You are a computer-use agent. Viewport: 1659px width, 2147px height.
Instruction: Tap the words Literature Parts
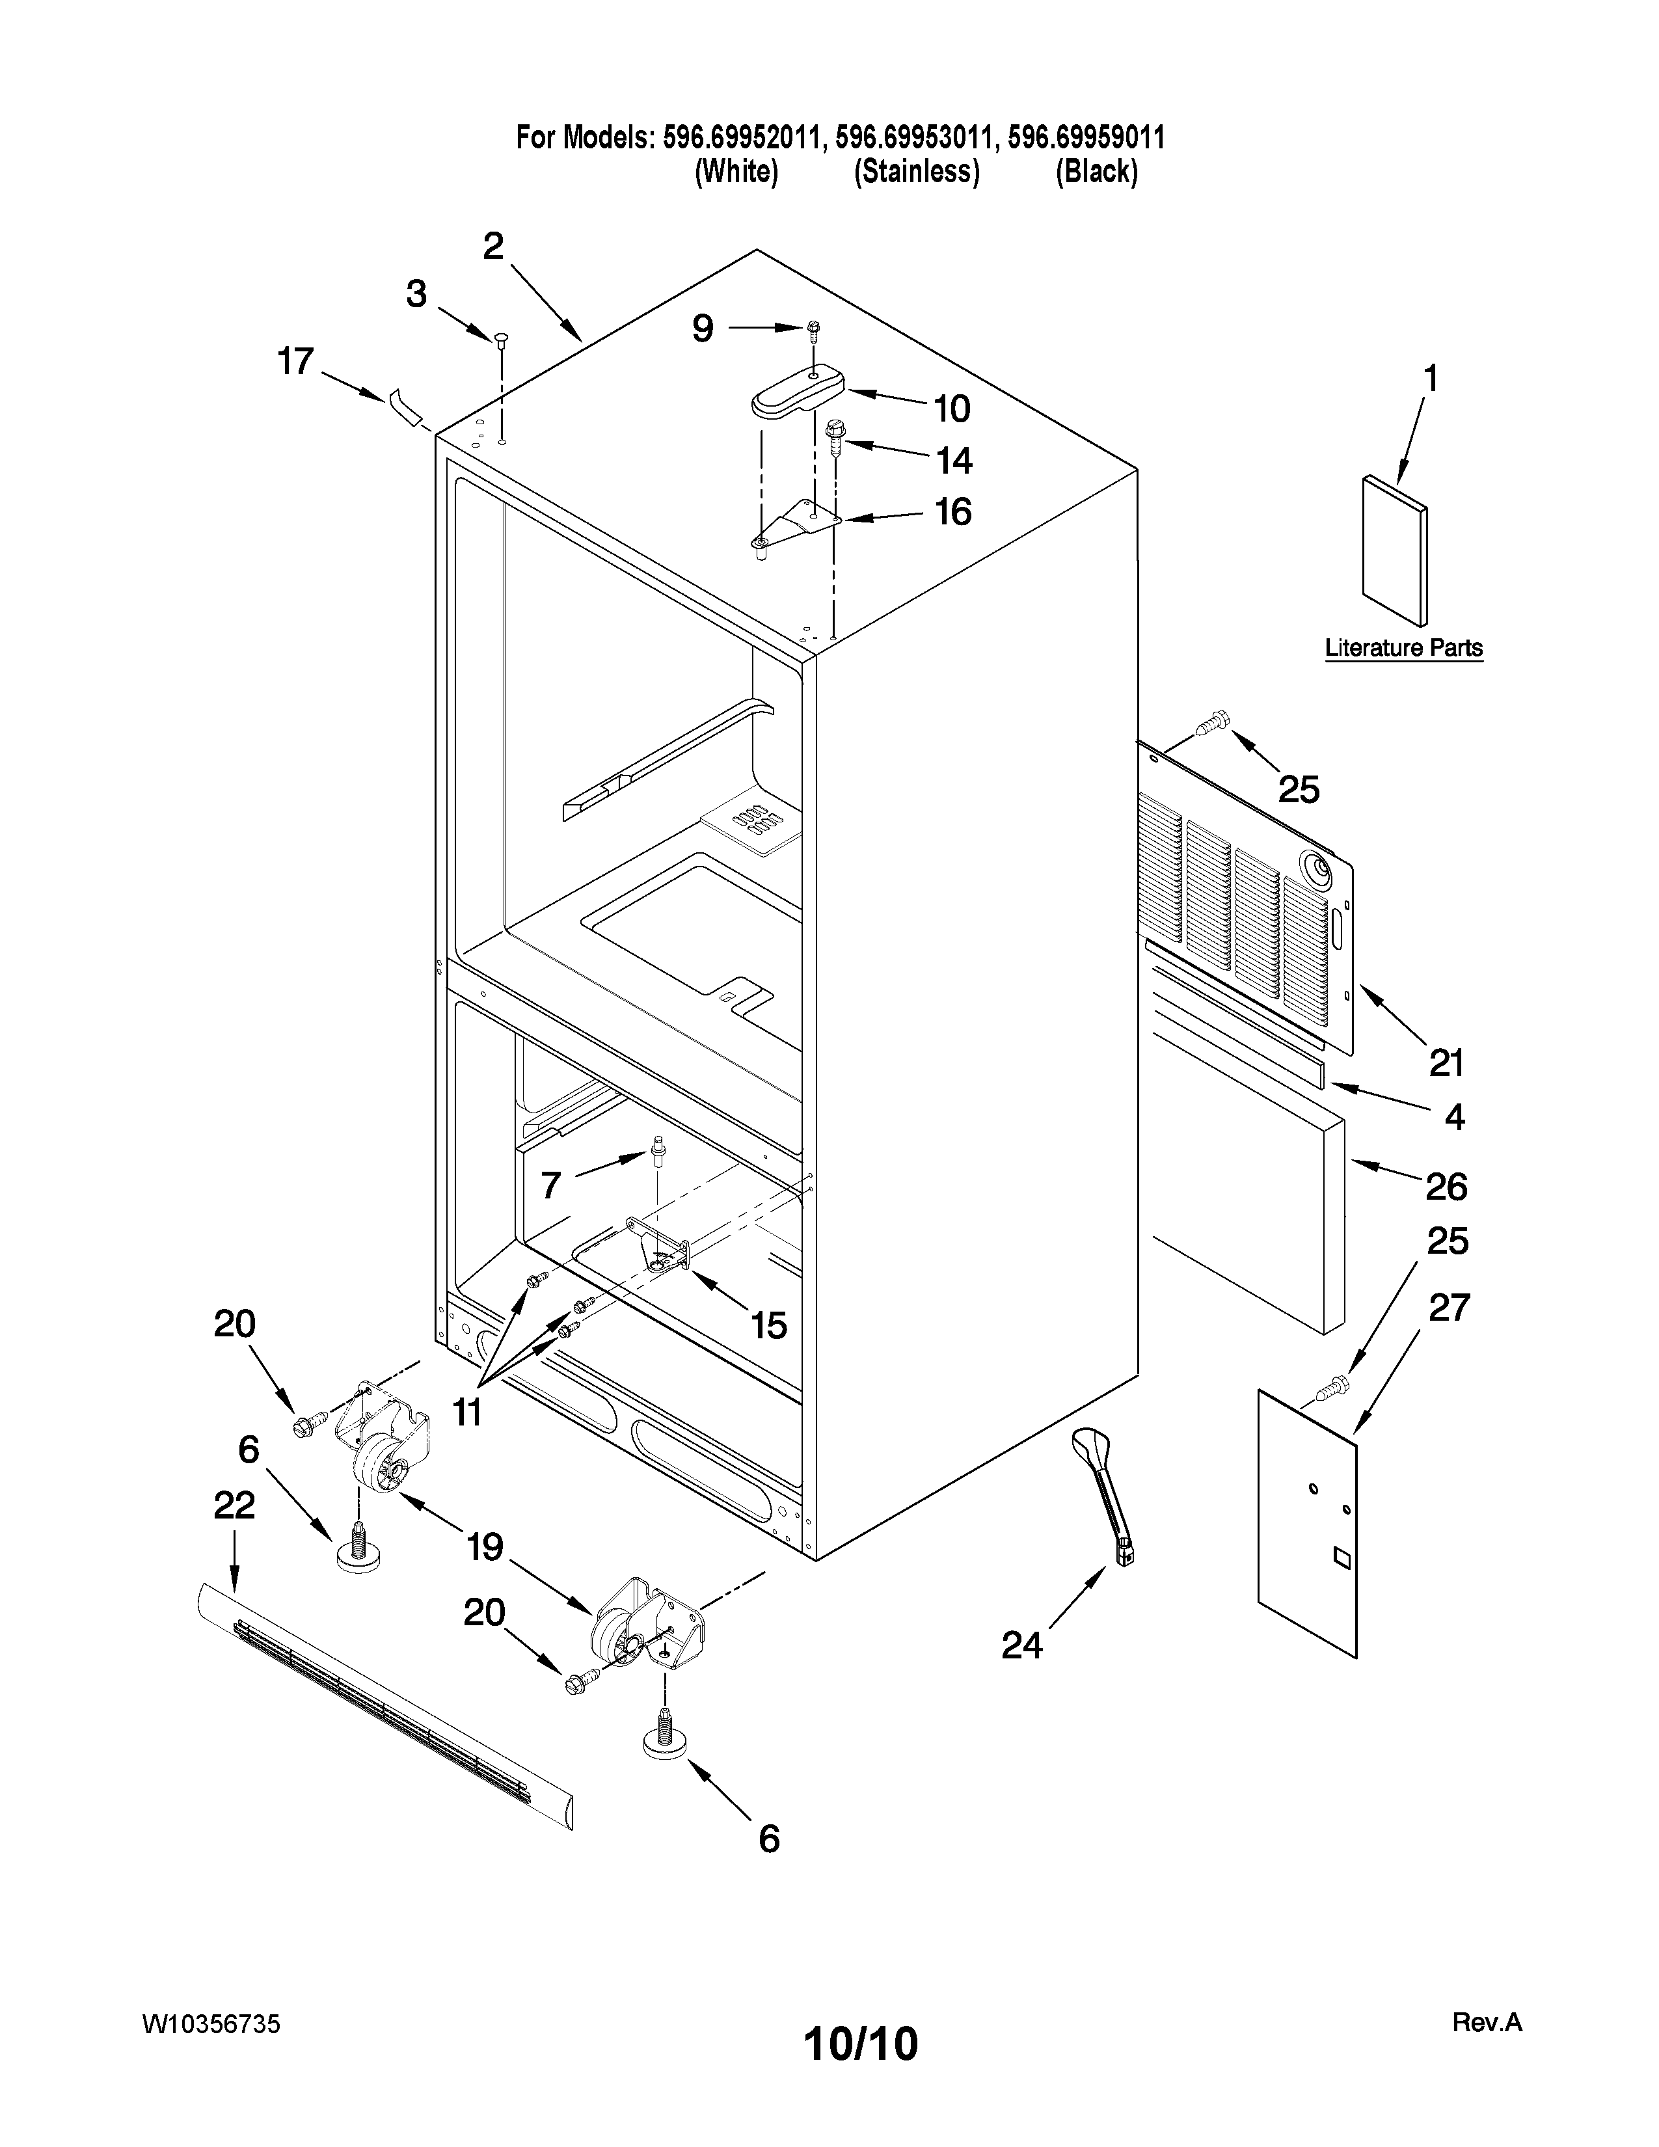(x=1403, y=649)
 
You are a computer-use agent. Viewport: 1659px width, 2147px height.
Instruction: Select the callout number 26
(x=1446, y=1187)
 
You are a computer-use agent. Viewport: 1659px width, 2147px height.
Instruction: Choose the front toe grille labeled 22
(x=383, y=1710)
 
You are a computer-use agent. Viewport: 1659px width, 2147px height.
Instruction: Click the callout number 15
(x=768, y=1325)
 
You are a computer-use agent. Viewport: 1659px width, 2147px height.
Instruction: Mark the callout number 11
(x=467, y=1412)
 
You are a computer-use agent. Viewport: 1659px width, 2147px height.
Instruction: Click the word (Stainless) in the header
(x=916, y=172)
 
